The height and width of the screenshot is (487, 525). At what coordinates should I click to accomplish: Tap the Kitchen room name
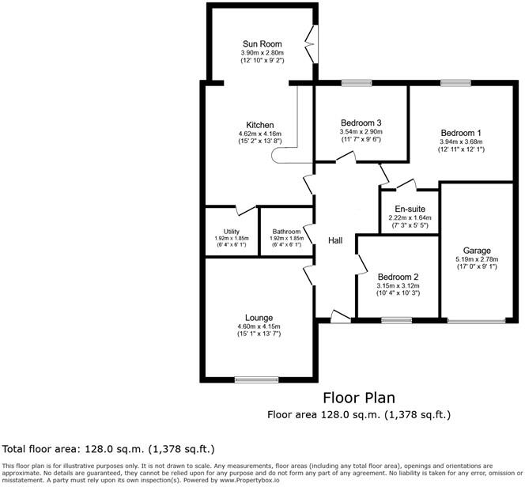259,125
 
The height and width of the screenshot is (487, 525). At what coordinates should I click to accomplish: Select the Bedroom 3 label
361,123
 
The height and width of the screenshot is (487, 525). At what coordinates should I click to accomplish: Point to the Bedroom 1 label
461,133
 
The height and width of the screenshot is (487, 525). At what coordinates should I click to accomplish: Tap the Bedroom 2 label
398,277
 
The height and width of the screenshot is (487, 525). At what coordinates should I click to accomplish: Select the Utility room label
231,231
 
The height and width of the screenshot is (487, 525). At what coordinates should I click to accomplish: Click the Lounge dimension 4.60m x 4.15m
260,326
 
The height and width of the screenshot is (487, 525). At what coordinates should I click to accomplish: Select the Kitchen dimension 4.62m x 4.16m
259,134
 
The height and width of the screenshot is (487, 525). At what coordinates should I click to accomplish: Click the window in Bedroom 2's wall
394,320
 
